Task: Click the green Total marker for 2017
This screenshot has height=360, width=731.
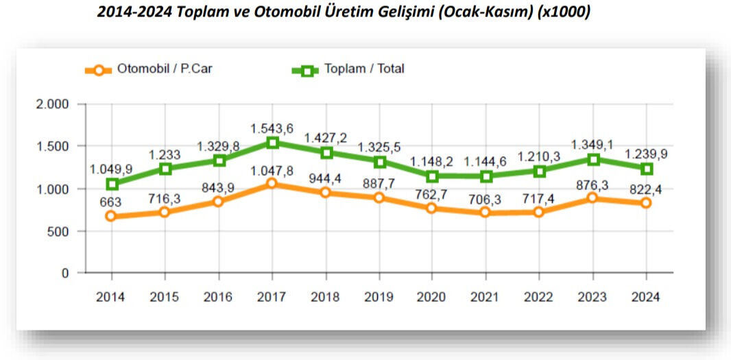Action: (272, 143)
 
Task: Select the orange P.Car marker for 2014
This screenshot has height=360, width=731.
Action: (112, 217)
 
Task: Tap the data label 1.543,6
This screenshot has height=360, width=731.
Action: (272, 128)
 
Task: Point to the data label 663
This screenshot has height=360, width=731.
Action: (112, 202)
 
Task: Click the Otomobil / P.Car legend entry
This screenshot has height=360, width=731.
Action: (148, 69)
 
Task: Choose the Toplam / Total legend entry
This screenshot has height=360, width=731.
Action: (348, 69)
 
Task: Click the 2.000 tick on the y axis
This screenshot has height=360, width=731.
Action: (53, 104)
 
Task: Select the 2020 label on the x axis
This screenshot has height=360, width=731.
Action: (432, 297)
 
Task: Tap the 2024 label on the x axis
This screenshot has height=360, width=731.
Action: (646, 297)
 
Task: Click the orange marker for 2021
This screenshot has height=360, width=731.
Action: (486, 213)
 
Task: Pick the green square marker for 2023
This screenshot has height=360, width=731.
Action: (593, 159)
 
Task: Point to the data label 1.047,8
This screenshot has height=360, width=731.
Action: (272, 170)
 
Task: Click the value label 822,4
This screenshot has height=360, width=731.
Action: (646, 188)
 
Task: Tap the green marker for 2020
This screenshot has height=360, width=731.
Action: (432, 176)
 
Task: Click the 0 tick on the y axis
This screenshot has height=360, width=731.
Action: (66, 274)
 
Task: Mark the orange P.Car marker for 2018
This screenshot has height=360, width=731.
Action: (326, 193)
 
